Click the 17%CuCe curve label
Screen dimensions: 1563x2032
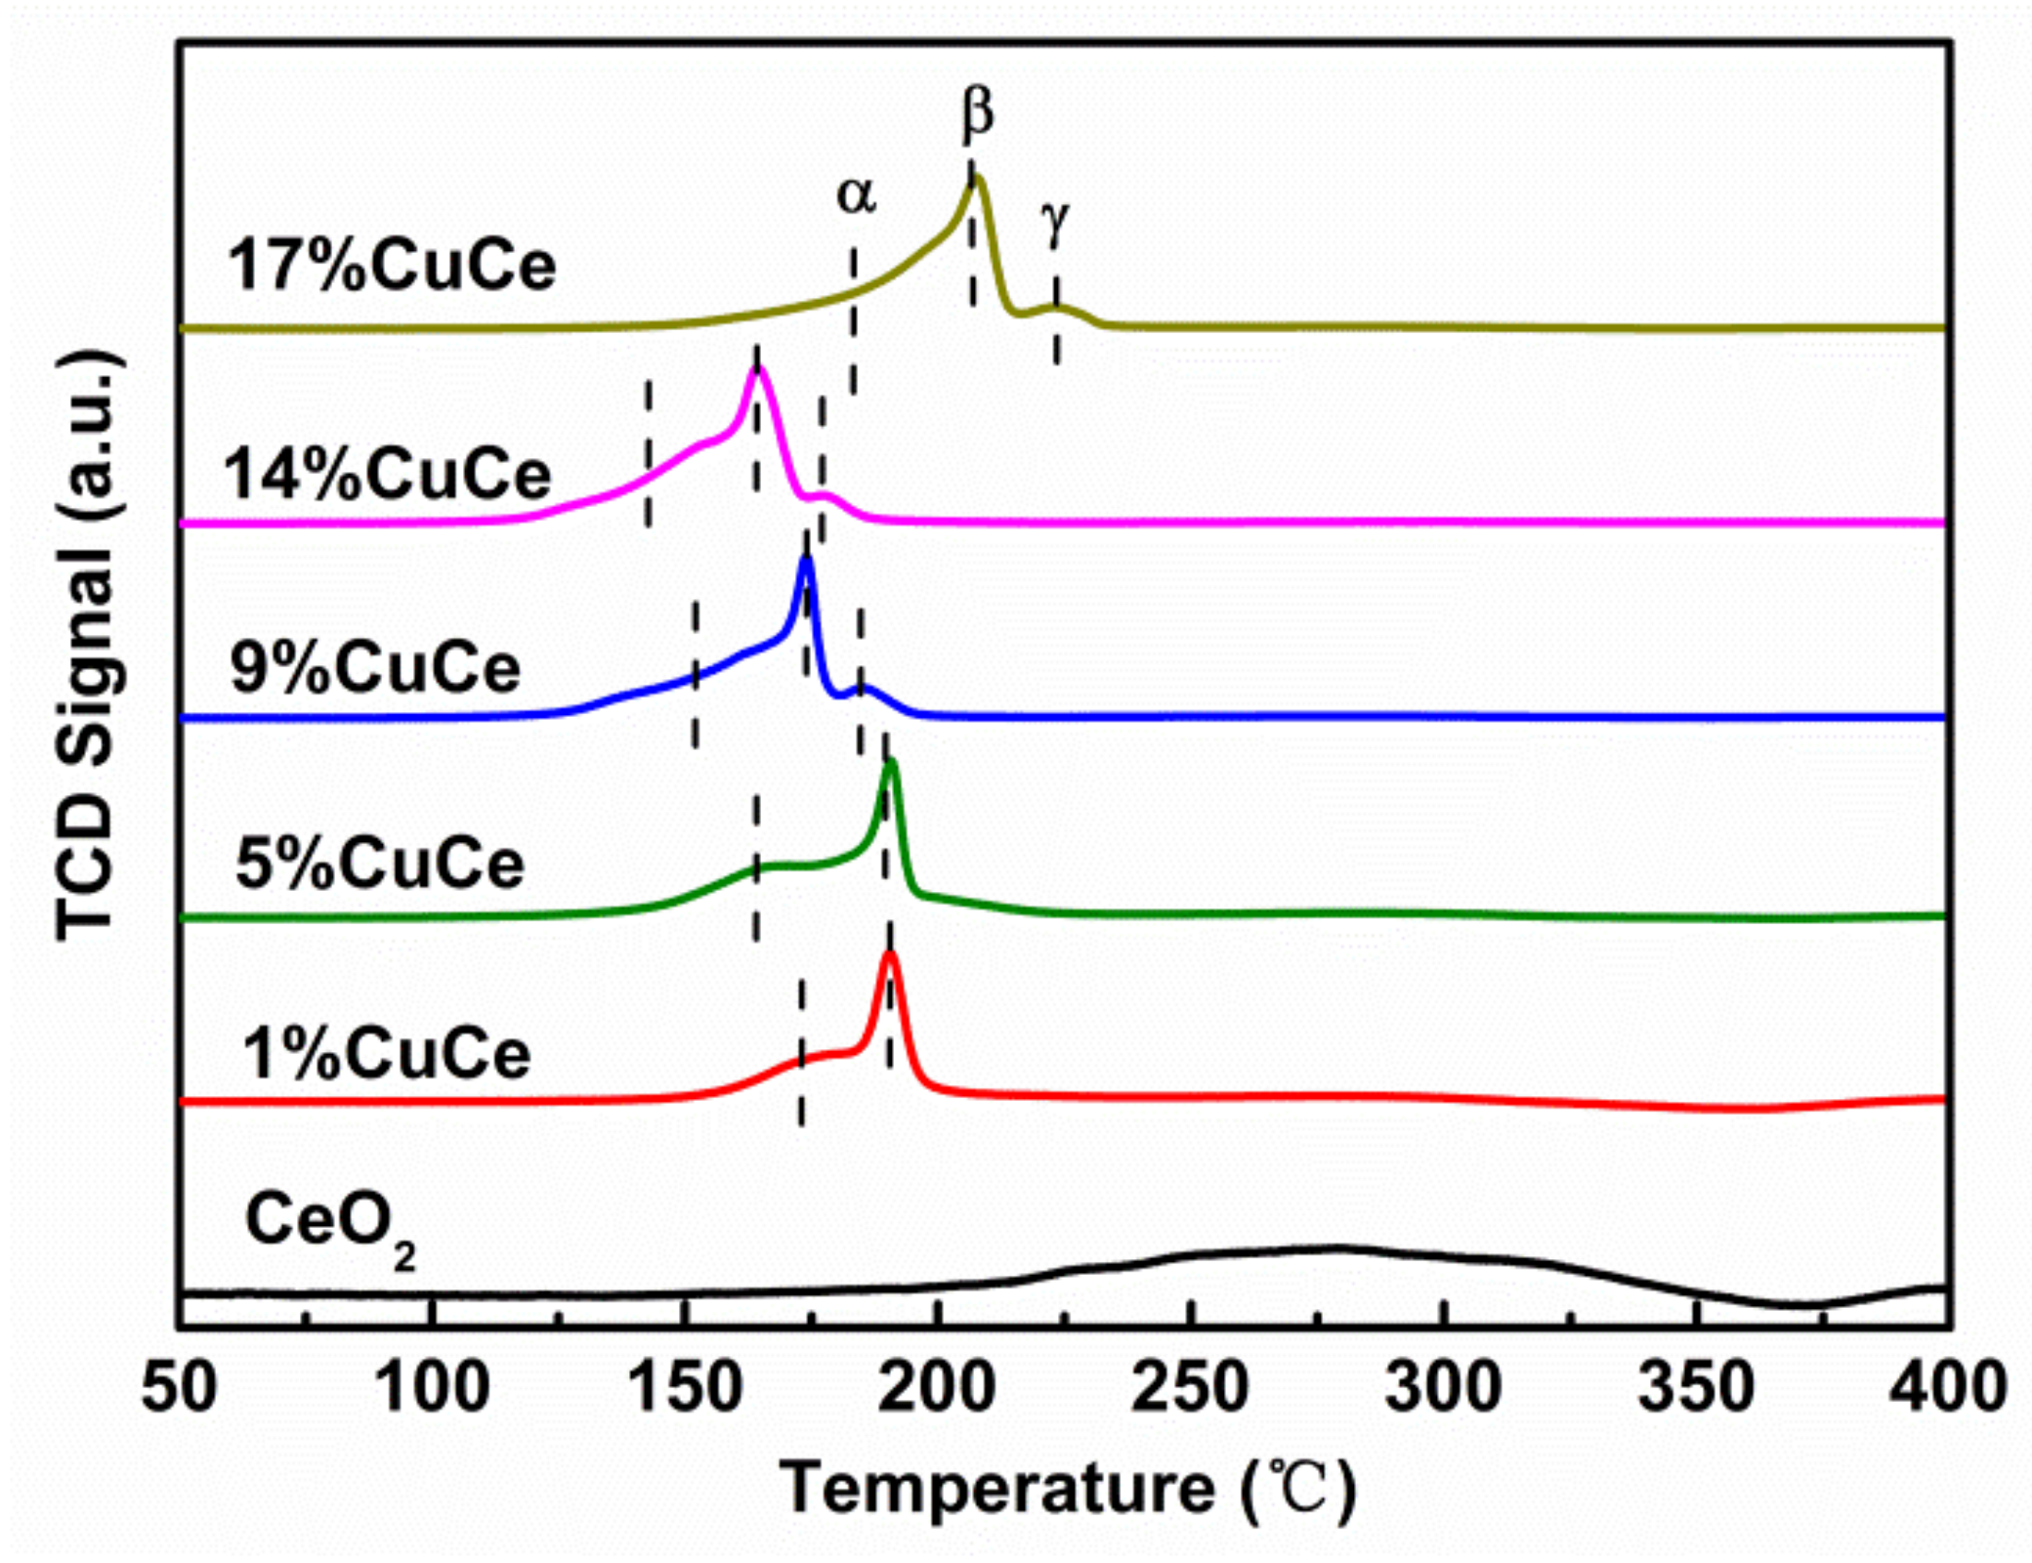(391, 266)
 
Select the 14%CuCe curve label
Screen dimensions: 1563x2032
(388, 476)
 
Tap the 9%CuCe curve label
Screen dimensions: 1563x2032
(375, 669)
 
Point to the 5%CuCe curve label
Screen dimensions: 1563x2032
(380, 865)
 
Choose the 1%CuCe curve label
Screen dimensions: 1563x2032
(386, 1055)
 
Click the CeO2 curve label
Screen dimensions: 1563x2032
(329, 1227)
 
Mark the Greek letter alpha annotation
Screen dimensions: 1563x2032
(856, 195)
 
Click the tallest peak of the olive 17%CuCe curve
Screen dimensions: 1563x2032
(976, 179)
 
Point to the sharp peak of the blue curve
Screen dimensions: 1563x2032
(806, 559)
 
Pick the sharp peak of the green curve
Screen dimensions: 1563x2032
(890, 762)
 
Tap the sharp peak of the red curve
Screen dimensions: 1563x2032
(889, 954)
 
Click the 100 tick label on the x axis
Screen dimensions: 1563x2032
(433, 1388)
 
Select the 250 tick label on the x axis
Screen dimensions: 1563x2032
(1190, 1388)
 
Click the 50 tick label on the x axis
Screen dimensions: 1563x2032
(179, 1388)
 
